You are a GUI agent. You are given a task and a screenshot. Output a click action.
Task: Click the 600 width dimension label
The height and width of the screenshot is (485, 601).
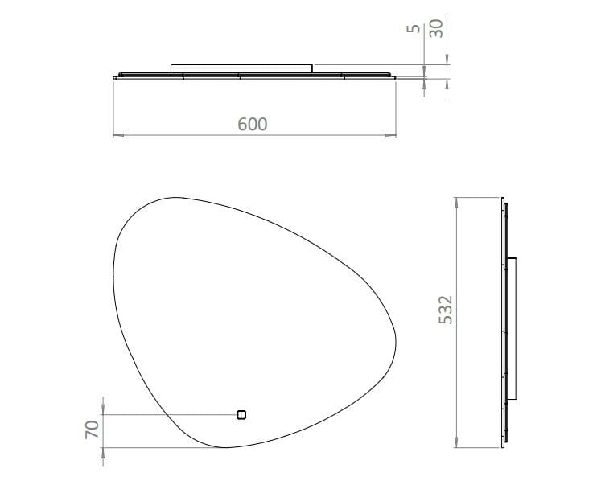point(253,124)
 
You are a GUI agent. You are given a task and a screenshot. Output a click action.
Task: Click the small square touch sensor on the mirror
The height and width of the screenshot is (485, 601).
point(241,415)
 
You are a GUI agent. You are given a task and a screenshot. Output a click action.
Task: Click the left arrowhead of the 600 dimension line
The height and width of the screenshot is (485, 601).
point(115,134)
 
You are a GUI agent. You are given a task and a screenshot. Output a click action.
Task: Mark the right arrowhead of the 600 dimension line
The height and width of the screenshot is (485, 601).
point(393,134)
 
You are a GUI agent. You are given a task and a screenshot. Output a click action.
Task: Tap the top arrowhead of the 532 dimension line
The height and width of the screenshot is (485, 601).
point(457,201)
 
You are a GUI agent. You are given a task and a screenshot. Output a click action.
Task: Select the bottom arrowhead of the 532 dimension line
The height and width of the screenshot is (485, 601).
point(457,444)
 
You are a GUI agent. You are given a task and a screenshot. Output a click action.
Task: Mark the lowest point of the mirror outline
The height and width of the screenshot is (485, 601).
point(221,447)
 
